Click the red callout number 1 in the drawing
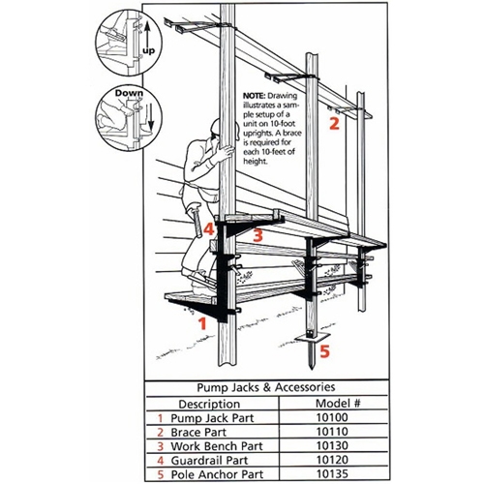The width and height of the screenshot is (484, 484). (x=202, y=324)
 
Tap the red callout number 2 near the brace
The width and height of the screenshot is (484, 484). (x=334, y=123)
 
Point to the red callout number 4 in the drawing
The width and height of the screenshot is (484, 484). (x=207, y=230)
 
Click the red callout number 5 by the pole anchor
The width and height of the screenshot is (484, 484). (x=325, y=351)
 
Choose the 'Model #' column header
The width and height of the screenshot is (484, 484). (x=338, y=402)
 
